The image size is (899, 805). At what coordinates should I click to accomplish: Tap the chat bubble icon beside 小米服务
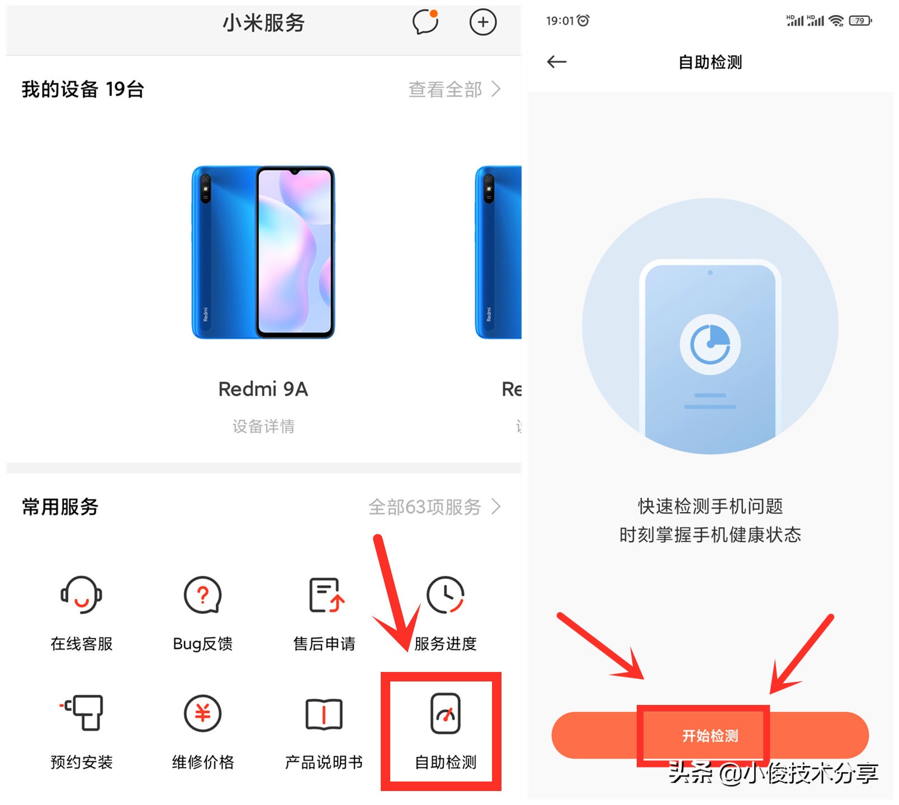pos(425,22)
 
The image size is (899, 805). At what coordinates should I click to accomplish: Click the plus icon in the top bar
pos(483,22)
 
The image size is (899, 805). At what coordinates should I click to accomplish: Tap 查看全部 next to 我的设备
pos(454,89)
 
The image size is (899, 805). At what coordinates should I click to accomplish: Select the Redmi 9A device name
pos(263,389)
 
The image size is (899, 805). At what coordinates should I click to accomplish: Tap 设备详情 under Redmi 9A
pos(263,427)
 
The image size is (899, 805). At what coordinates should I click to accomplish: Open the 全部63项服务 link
pos(434,507)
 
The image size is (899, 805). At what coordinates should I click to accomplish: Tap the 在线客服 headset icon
pos(82,595)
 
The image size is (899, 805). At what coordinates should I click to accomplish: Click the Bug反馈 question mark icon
pos(203,595)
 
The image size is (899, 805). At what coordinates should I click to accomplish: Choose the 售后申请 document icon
pos(326,595)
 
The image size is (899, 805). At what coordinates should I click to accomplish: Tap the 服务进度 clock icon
pos(446,595)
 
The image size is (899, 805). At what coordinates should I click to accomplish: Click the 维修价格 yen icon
pos(203,713)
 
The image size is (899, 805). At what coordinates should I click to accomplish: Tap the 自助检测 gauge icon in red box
pos(446,713)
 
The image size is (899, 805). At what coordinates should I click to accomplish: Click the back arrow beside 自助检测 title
pos(557,62)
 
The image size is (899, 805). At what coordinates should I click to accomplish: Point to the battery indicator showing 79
pos(860,21)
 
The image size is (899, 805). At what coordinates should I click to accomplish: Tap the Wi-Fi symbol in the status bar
pos(836,21)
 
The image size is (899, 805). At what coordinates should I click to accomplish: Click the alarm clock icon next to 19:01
pos(583,21)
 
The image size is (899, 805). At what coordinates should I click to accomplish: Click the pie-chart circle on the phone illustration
pos(710,344)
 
